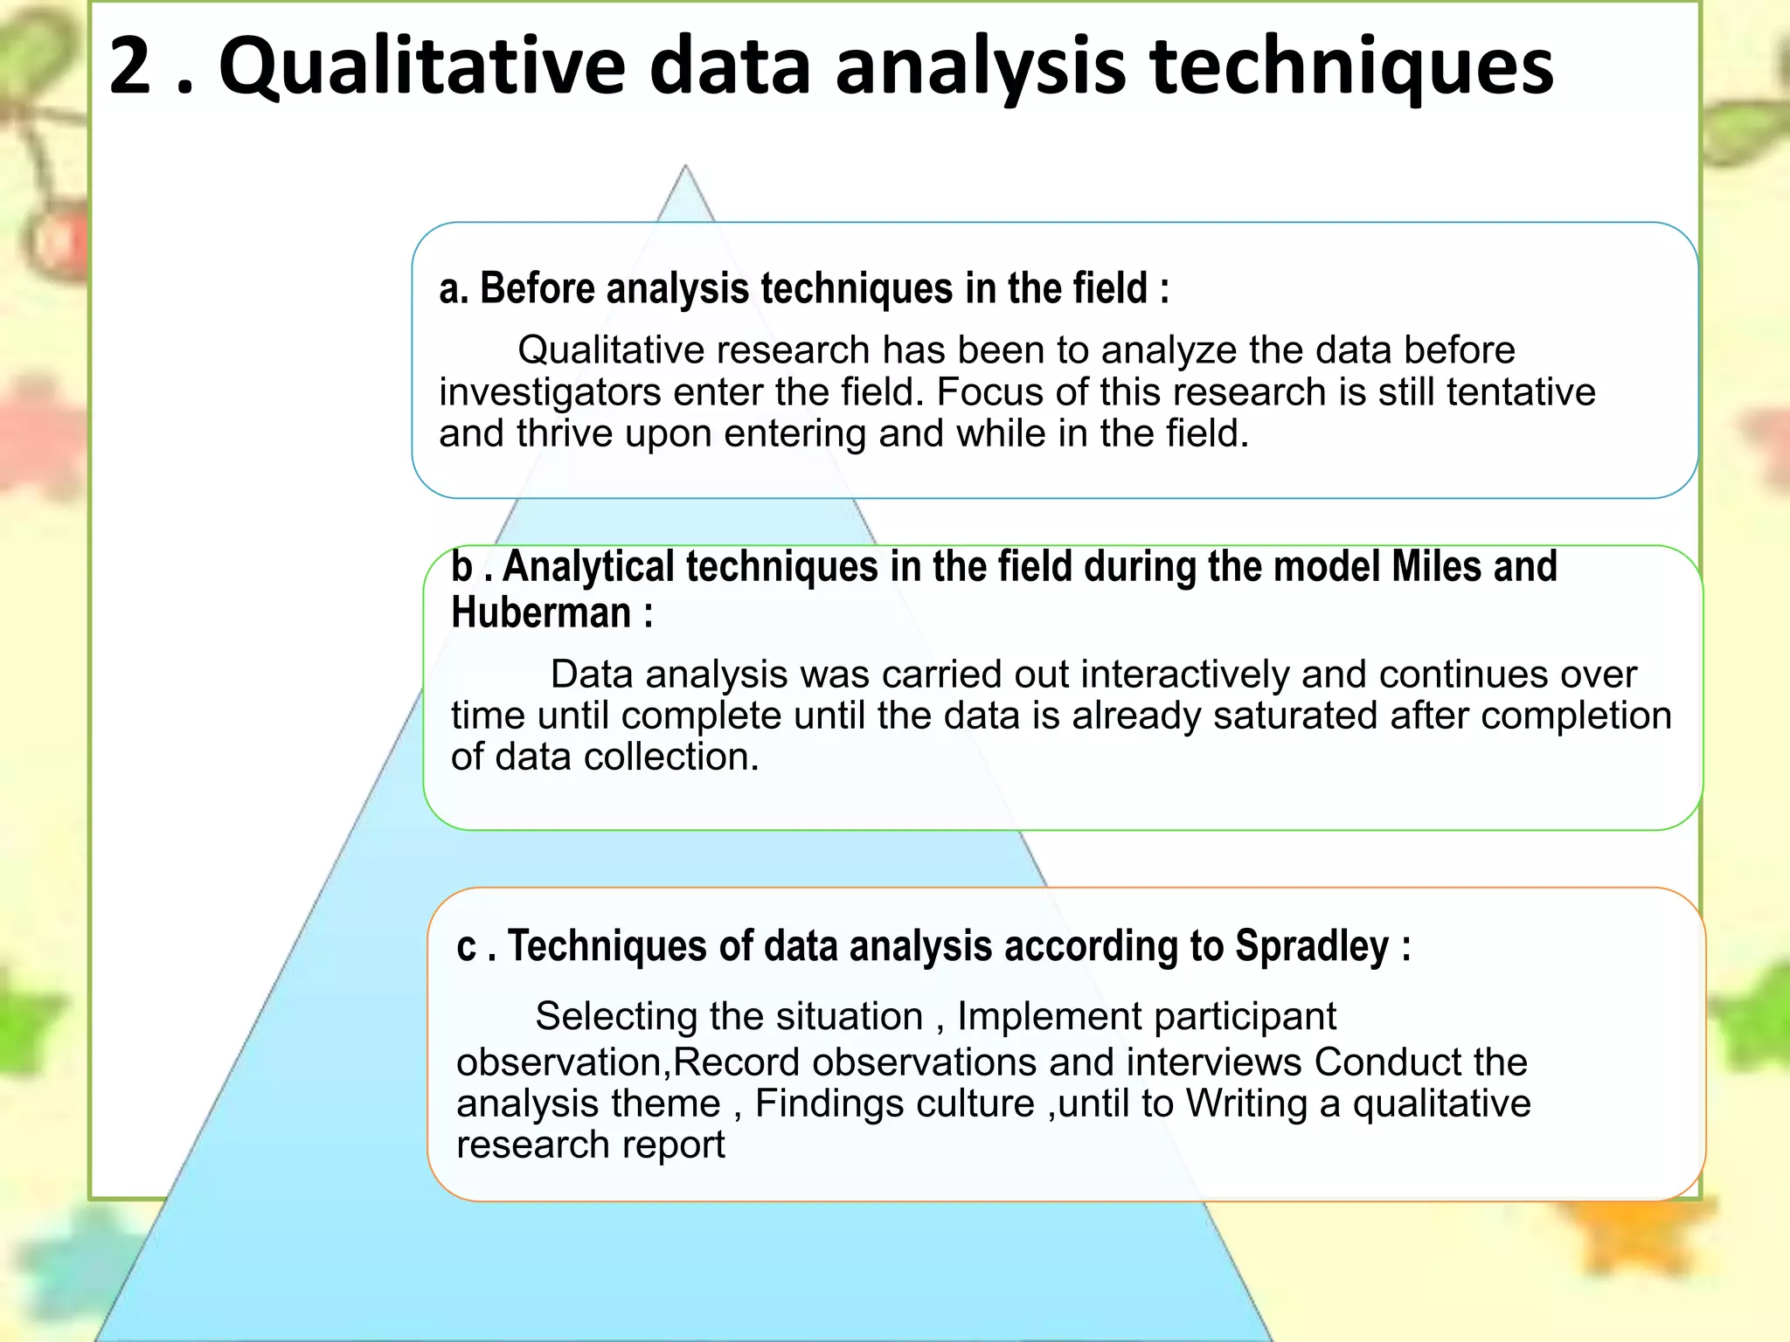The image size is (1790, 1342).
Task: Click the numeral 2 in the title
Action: tap(130, 66)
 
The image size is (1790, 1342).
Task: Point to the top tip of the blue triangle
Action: tap(685, 167)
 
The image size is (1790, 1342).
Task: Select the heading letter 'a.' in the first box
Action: tap(453, 289)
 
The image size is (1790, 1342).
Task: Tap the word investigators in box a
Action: tap(550, 392)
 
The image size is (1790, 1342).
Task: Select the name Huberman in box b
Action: tap(541, 612)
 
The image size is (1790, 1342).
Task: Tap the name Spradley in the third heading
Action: tap(1311, 946)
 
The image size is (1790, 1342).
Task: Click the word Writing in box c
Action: tap(1245, 1103)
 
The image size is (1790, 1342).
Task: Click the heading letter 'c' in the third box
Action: tap(466, 948)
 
